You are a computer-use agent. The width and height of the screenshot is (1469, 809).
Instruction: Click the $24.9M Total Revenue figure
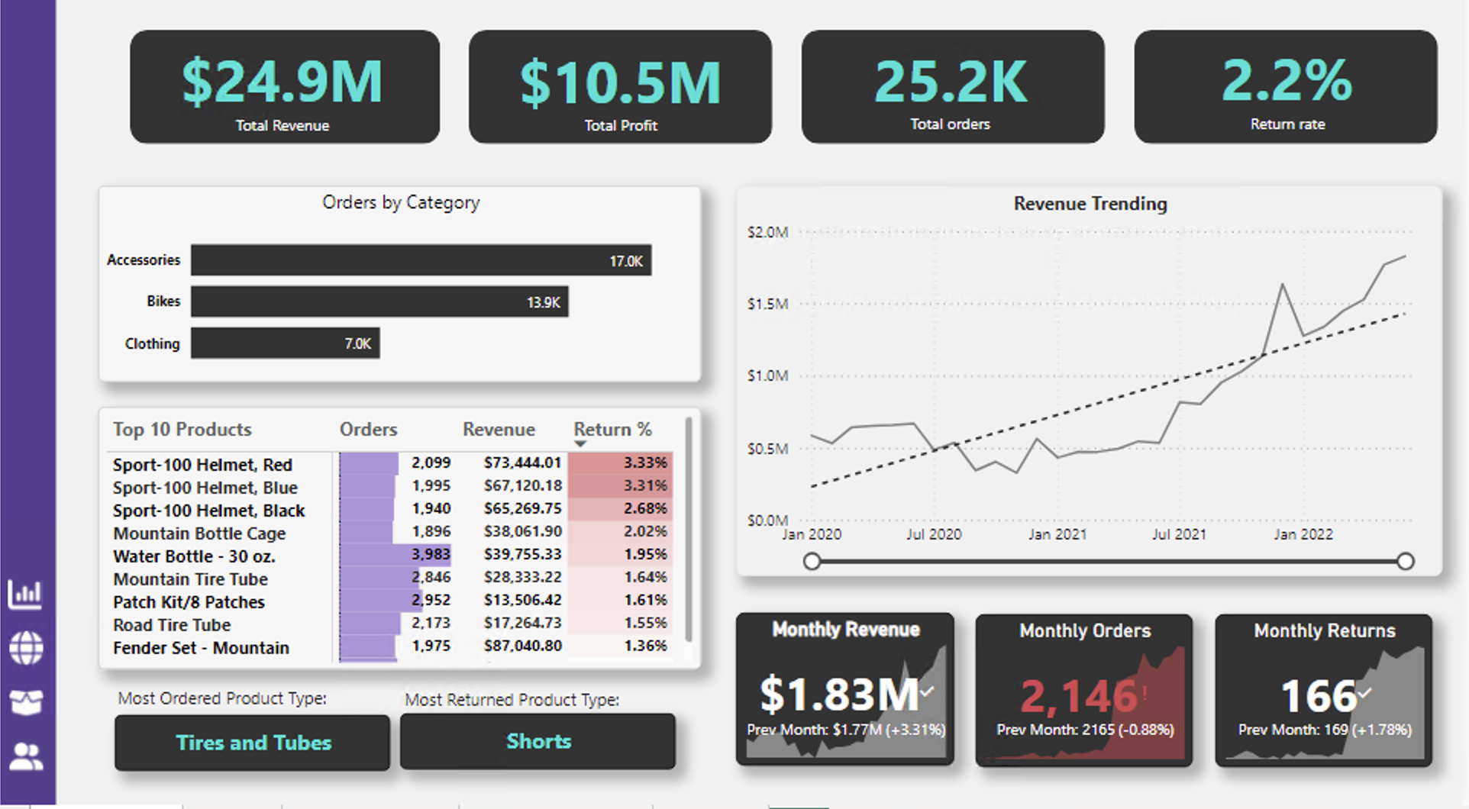pos(282,82)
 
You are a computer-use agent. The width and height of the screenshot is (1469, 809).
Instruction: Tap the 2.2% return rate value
pos(1287,81)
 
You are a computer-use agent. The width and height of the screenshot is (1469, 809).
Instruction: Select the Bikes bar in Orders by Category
pos(379,301)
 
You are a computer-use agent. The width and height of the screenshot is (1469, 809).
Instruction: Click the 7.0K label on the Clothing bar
pos(357,343)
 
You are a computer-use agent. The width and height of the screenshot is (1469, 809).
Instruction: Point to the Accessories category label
pos(144,260)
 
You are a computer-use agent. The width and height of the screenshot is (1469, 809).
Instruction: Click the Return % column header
pos(612,430)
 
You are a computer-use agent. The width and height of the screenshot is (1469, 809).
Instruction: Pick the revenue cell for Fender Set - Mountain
pos(523,646)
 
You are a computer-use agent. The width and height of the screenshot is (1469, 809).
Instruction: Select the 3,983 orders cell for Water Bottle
pos(431,554)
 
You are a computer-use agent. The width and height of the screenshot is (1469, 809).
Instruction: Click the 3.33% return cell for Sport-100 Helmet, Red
pos(644,463)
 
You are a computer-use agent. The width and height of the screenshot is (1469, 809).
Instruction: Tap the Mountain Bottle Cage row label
pos(199,533)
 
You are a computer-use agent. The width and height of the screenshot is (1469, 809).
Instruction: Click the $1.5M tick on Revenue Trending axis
pos(767,304)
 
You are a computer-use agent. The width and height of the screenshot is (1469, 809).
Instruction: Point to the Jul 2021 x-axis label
pos(1179,534)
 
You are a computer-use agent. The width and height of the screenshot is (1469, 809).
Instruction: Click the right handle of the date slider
pos(1405,562)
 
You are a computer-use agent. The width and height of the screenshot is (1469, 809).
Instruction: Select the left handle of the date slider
pos(812,562)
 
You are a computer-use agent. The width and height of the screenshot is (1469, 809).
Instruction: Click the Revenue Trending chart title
pos(1090,204)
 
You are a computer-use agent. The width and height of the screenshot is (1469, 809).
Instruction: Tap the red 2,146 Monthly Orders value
pos(1079,696)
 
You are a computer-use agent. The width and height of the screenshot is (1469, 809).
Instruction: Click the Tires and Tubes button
pos(253,743)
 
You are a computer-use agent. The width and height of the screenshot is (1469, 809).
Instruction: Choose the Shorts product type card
pos(538,741)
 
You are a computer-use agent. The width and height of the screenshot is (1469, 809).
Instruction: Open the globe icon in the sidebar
pos(26,648)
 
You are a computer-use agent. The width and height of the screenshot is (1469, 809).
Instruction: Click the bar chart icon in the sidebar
pos(25,594)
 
